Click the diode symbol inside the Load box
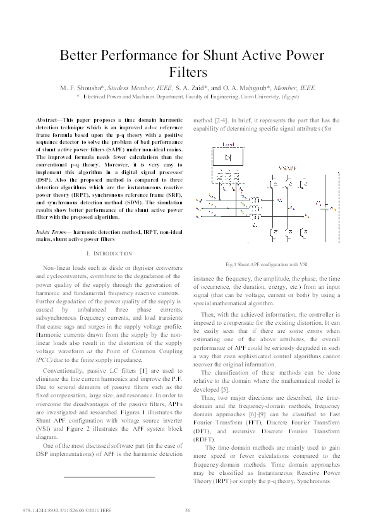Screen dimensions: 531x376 (228, 156)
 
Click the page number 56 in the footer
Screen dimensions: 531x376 (188, 510)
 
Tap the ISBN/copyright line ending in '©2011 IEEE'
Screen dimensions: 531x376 (66, 510)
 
